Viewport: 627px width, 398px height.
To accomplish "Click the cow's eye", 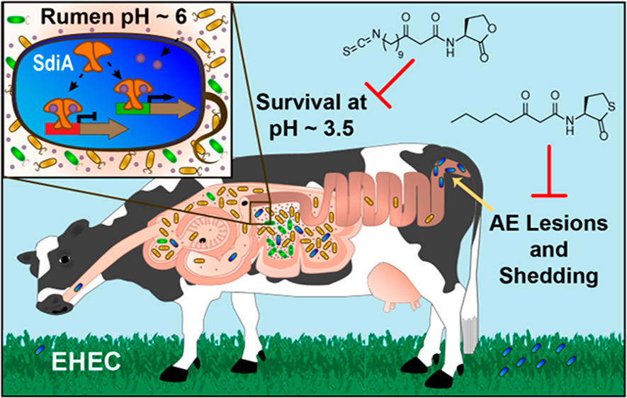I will (x=64, y=260).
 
